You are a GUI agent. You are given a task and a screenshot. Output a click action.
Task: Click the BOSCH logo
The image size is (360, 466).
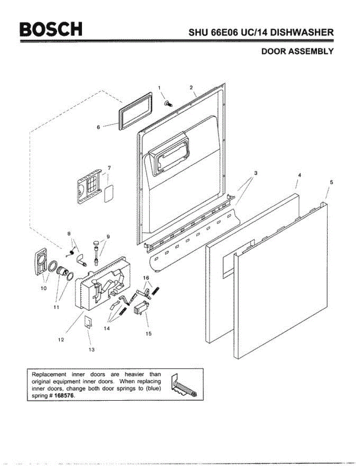pyautogui.click(x=52, y=29)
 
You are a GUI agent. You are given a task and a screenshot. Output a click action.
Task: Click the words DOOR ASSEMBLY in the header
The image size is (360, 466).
pyautogui.click(x=297, y=51)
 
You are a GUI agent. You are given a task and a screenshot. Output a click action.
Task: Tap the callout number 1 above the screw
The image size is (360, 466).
pyautogui.click(x=159, y=88)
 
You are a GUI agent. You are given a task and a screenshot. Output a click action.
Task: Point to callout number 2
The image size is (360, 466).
pyautogui.click(x=191, y=87)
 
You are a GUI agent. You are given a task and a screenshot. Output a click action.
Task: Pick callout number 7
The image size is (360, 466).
pyautogui.click(x=109, y=168)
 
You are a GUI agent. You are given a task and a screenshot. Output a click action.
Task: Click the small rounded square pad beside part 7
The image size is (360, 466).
pyautogui.click(x=108, y=193)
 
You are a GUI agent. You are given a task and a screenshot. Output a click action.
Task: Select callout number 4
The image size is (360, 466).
pyautogui.click(x=299, y=175)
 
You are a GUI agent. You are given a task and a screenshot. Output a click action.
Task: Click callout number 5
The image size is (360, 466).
pyautogui.click(x=331, y=182)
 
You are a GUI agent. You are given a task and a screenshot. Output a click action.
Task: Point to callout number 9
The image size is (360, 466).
pyautogui.click(x=108, y=236)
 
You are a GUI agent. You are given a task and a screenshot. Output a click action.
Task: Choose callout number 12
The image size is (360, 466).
pyautogui.click(x=61, y=339)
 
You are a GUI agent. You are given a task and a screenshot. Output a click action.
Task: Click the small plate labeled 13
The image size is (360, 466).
pyautogui.click(x=89, y=322)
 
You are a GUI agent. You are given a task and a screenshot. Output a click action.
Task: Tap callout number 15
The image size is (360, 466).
pyautogui.click(x=148, y=334)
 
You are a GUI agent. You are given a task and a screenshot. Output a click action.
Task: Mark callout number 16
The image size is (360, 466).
pyautogui.click(x=146, y=278)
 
